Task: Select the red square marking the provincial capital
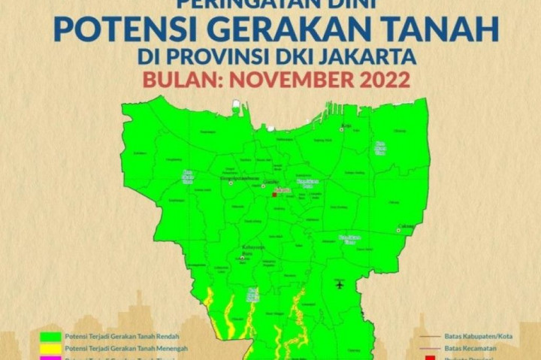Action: [275, 194]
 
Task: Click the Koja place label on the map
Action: [346, 125]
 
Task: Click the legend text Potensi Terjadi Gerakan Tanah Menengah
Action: [125, 348]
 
